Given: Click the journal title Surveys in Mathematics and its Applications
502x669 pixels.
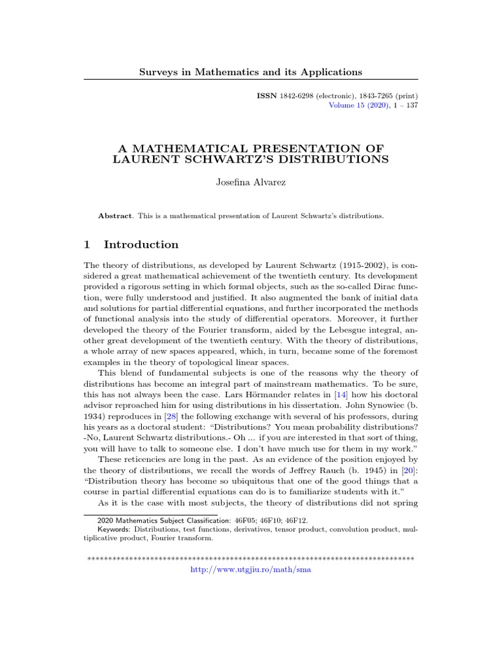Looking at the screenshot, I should (250, 72).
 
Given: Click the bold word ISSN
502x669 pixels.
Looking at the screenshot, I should (267, 95).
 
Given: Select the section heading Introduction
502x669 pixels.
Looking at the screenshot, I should (141, 245).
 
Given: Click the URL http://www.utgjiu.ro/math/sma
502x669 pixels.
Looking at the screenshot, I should (250, 570).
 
